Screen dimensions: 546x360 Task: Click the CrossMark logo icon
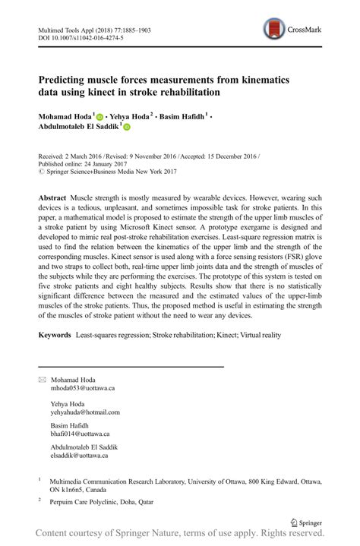274,30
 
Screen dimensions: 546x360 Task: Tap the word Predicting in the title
69,80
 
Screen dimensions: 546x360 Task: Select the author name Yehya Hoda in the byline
131,116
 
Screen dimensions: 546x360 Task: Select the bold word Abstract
52,197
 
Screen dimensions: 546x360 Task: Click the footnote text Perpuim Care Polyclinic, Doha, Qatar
101,502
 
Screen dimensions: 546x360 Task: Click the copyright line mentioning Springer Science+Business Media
113,172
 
